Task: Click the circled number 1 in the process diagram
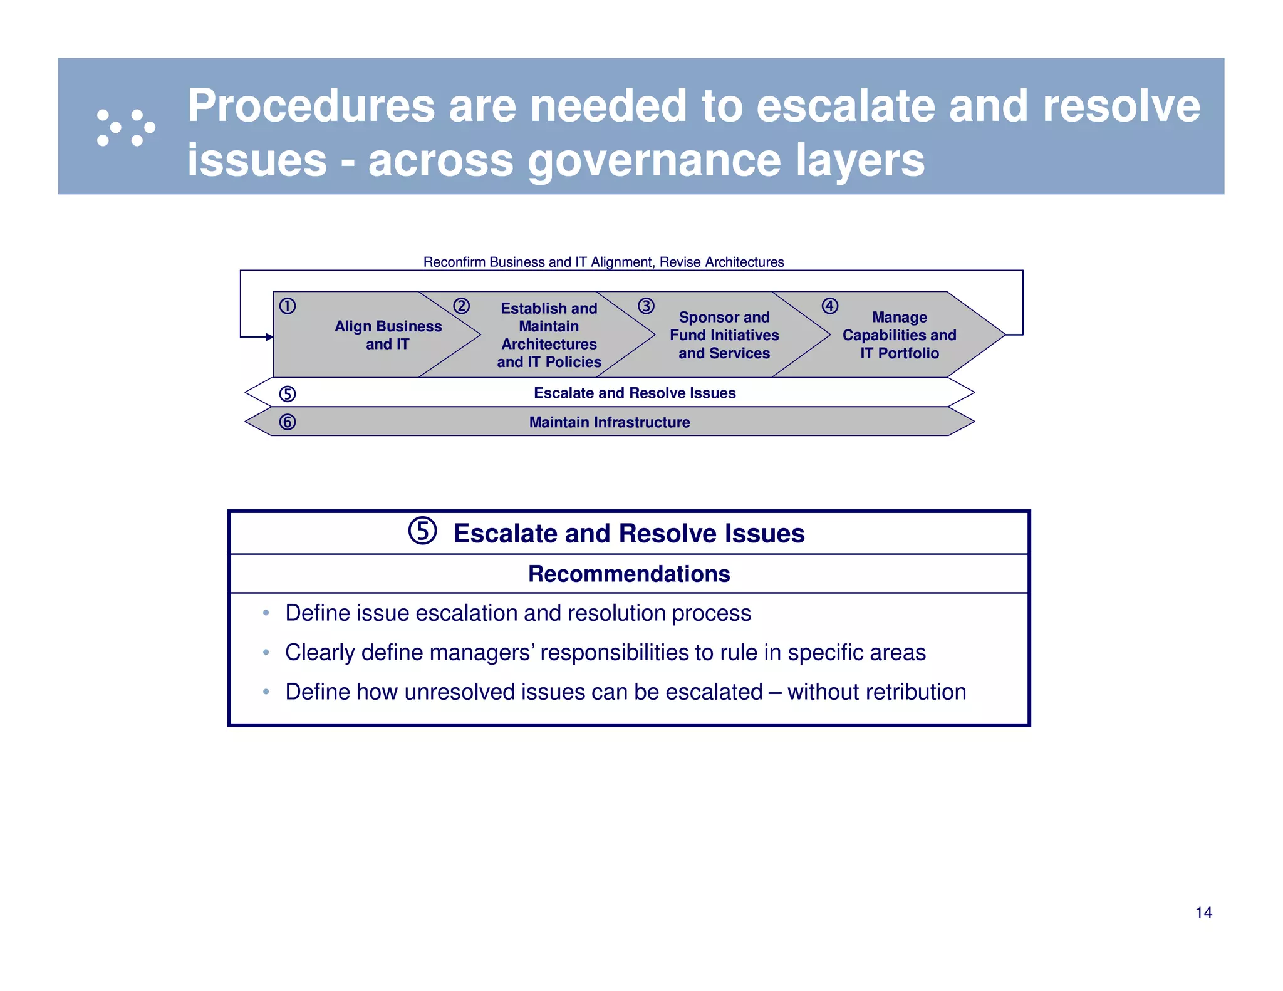click(288, 306)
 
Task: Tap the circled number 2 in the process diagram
click(462, 306)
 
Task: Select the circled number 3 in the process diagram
click(646, 306)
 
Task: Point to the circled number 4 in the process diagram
click(830, 306)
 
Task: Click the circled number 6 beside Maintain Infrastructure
click(288, 422)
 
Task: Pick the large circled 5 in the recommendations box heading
click(423, 531)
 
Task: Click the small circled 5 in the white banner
click(288, 394)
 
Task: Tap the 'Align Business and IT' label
click(388, 335)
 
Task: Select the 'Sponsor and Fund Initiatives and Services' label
click(724, 335)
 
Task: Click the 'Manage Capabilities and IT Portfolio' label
click(899, 335)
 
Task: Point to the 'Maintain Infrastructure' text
click(610, 422)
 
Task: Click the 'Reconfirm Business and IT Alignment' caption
click(603, 262)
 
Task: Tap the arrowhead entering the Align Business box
click(269, 337)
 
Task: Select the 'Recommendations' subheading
click(629, 574)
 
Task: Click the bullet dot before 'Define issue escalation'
click(266, 613)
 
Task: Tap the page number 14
click(1203, 913)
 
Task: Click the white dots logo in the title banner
click(126, 128)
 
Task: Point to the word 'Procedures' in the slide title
click(311, 105)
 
